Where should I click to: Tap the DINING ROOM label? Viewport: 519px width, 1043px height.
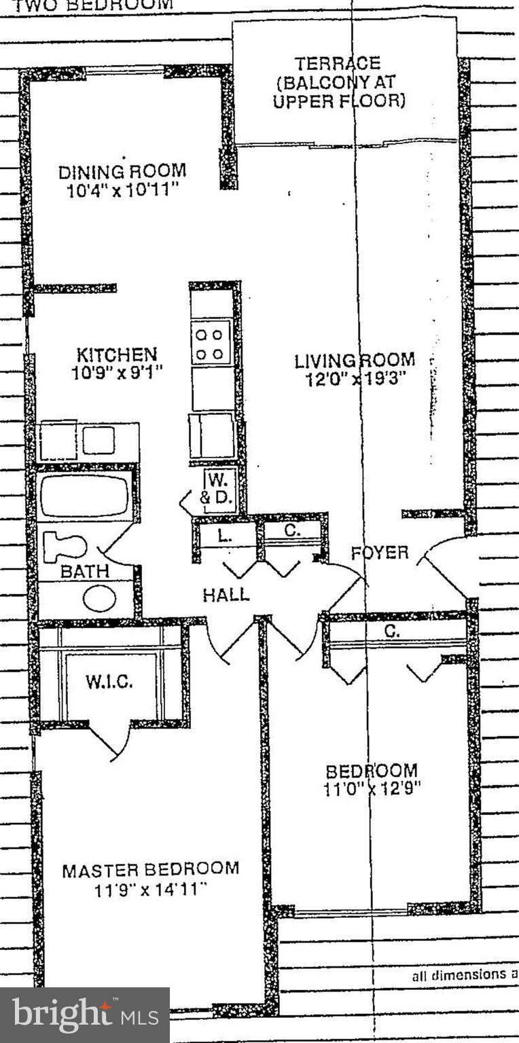(x=122, y=171)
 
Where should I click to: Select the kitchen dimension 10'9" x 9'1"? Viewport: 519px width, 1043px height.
(x=117, y=373)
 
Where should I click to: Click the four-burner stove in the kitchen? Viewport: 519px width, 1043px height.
(x=211, y=344)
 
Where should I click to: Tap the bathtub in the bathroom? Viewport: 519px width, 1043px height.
(x=84, y=496)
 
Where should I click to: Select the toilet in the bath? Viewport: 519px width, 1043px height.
(x=66, y=547)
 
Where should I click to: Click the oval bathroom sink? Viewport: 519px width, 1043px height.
(x=99, y=598)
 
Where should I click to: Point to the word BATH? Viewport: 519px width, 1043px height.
(x=84, y=572)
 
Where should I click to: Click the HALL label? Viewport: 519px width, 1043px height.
(x=226, y=596)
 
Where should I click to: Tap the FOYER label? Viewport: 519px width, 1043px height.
(x=380, y=553)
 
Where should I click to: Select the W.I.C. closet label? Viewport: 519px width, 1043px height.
(x=109, y=682)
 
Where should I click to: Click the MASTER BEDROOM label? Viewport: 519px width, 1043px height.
(x=151, y=870)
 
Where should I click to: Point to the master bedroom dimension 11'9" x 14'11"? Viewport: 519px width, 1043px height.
(x=151, y=889)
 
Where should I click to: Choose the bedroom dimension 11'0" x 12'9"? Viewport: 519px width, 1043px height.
(x=373, y=789)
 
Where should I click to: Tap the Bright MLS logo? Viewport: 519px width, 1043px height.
(x=85, y=1015)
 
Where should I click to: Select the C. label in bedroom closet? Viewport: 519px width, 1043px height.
(x=392, y=631)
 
